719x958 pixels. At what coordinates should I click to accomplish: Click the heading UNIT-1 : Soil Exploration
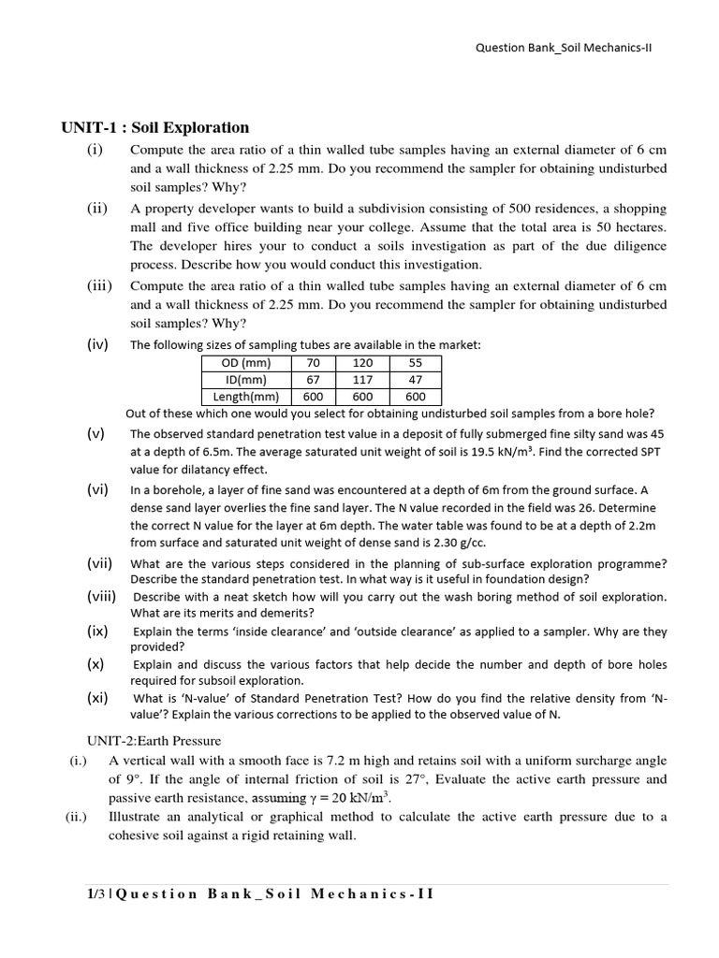pos(155,127)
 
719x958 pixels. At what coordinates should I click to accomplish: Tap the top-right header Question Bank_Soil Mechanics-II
pos(564,49)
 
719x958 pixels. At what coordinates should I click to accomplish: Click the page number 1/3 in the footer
pos(92,893)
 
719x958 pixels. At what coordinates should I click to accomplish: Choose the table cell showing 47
pos(416,380)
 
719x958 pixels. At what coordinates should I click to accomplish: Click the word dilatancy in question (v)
pos(188,470)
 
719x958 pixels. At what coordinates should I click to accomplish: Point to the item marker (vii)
pos(100,563)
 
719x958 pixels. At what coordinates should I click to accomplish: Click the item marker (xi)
pos(97,698)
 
